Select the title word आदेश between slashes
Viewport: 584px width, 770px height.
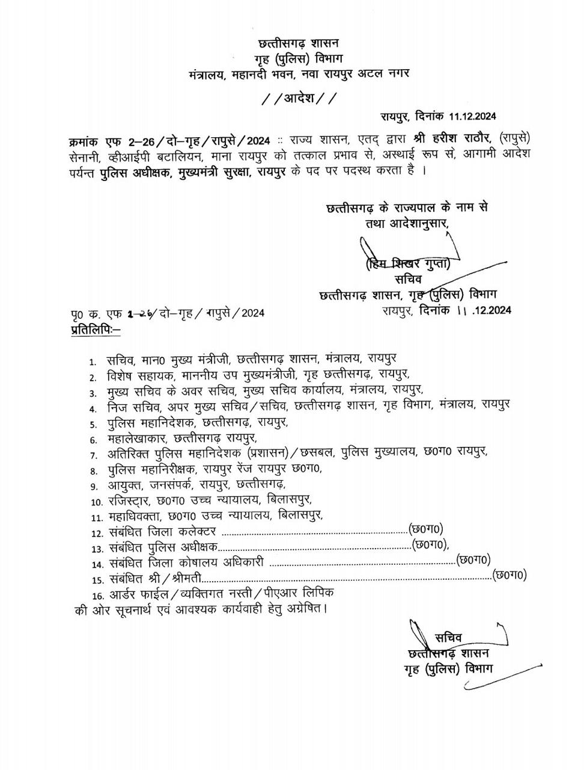point(298,98)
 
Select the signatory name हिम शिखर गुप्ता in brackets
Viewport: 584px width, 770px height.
point(407,263)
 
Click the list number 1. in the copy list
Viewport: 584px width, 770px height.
point(93,362)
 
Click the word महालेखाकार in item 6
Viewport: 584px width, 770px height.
point(139,439)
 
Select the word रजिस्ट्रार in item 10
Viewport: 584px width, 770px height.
point(130,500)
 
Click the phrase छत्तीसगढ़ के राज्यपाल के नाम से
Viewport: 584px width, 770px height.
point(406,208)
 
